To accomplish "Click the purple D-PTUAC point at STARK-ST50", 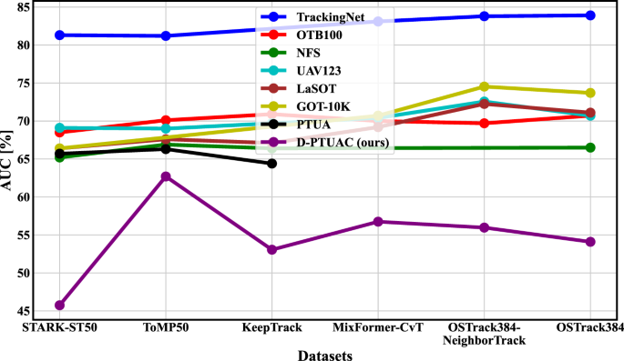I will click(59, 305).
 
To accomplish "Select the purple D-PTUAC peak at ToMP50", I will click(166, 176).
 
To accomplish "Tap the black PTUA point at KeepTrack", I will click(271, 163).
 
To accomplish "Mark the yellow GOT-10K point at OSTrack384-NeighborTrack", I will click(484, 86).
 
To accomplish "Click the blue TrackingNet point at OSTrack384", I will click(590, 15).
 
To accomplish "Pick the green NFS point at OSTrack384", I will click(590, 147).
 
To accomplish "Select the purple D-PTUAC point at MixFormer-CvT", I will click(377, 221).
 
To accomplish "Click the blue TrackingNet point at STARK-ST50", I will click(59, 35).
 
